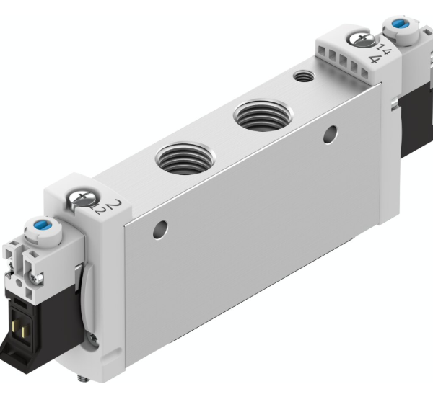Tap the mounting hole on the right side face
click(331, 133)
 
